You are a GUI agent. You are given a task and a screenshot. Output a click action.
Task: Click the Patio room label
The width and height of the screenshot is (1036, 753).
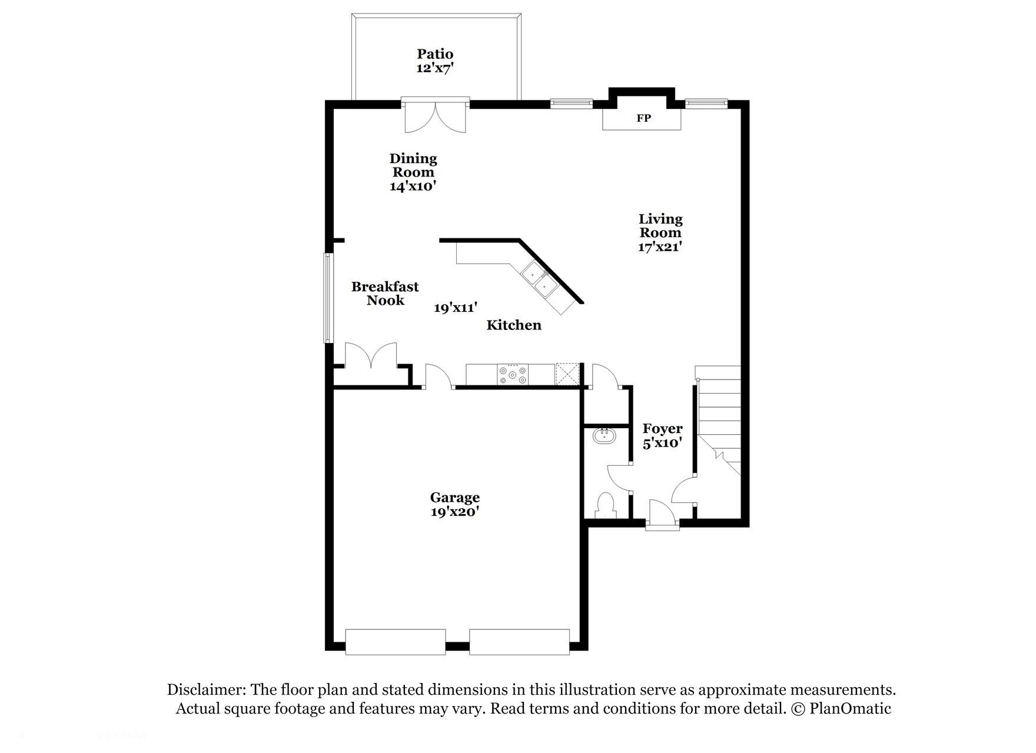pyautogui.click(x=435, y=54)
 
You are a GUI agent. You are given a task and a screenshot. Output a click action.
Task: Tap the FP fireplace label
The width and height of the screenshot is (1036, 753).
pyautogui.click(x=643, y=118)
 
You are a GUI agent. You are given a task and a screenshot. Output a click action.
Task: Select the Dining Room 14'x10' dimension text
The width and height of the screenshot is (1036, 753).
pyautogui.click(x=412, y=186)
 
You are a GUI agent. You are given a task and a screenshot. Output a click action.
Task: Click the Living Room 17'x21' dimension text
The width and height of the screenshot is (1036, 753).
pyautogui.click(x=660, y=247)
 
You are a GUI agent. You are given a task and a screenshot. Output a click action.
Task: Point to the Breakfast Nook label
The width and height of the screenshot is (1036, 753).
pyautogui.click(x=385, y=294)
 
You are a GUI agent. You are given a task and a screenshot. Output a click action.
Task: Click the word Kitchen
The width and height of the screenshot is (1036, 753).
pyautogui.click(x=513, y=325)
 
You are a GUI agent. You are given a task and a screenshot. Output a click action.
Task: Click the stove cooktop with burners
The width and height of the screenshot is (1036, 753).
pyautogui.click(x=513, y=375)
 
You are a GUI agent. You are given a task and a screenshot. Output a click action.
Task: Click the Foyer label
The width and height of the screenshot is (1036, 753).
pyautogui.click(x=662, y=429)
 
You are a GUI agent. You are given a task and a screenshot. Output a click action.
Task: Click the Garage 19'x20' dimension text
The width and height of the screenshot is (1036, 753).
pyautogui.click(x=454, y=512)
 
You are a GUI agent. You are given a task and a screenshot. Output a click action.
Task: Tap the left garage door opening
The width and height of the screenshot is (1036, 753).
pyautogui.click(x=395, y=642)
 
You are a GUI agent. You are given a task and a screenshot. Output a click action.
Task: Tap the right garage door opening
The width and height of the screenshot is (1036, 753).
pyautogui.click(x=519, y=642)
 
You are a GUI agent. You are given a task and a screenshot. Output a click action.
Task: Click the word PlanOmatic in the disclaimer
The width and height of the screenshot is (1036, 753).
pyautogui.click(x=850, y=709)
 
